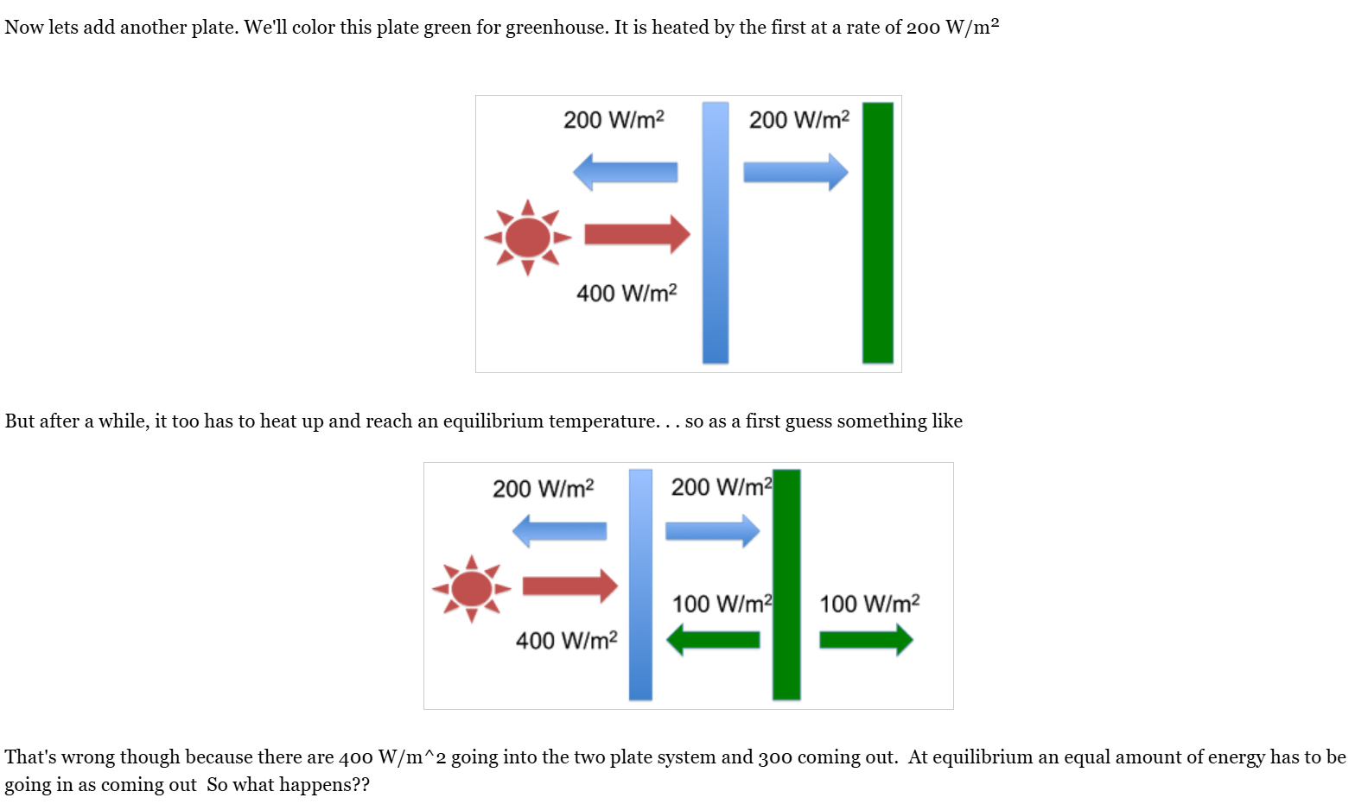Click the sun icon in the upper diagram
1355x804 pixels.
click(527, 237)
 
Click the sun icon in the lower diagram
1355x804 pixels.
click(471, 589)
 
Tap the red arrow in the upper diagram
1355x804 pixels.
click(637, 234)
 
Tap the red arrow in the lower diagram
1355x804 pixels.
click(569, 586)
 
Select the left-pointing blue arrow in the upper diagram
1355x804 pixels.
click(625, 172)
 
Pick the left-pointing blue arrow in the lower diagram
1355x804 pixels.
click(559, 530)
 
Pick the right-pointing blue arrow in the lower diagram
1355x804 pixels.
click(712, 530)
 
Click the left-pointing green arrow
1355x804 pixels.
click(713, 640)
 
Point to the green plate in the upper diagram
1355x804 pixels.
click(877, 232)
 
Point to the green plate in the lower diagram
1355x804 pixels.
click(786, 584)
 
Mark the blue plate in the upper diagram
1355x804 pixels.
click(716, 232)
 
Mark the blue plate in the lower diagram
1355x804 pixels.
click(640, 584)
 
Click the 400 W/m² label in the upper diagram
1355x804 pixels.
click(627, 294)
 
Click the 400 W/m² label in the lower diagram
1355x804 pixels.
click(566, 641)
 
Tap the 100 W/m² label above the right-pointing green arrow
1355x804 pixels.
click(869, 604)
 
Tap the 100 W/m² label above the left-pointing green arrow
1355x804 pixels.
click(722, 604)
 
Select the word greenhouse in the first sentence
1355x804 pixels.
click(556, 28)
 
